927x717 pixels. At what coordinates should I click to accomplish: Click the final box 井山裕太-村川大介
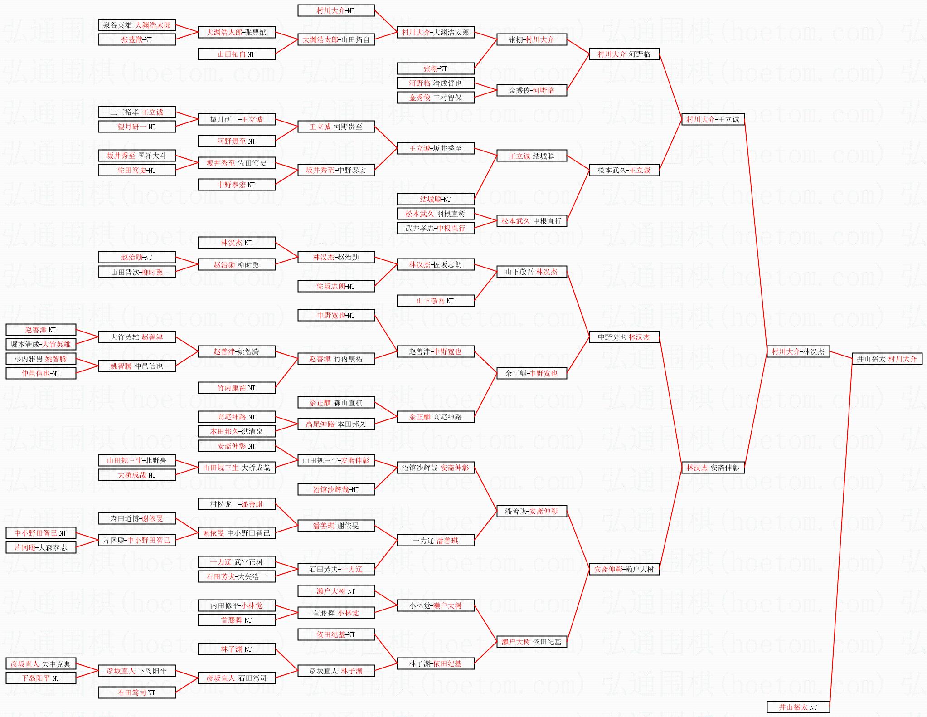point(887,359)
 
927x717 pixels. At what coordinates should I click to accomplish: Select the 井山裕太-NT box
point(798,707)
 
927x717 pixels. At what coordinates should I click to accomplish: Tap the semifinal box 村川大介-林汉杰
point(798,351)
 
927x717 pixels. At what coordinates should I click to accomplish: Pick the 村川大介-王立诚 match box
point(713,119)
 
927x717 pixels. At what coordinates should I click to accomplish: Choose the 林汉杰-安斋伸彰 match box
point(713,468)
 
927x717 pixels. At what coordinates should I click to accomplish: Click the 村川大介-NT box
point(336,10)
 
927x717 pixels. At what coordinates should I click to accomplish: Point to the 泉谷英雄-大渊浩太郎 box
point(137,25)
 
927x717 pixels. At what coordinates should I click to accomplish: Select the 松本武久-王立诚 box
point(624,170)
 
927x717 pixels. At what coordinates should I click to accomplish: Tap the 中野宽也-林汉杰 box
point(624,337)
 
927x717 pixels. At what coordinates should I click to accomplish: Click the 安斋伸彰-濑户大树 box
point(624,569)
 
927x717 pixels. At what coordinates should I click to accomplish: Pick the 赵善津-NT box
point(40,330)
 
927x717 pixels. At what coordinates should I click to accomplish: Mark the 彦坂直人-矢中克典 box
point(40,664)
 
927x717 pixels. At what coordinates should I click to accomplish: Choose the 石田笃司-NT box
point(137,693)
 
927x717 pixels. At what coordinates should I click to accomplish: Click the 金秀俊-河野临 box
point(531,90)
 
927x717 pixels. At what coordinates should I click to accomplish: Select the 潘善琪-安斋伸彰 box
point(531,511)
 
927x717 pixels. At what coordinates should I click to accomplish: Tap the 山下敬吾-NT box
point(435,301)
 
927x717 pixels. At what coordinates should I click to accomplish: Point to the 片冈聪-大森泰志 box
point(40,547)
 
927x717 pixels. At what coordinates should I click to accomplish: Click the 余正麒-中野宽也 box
point(531,373)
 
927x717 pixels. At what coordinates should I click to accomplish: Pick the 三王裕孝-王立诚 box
point(137,112)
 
